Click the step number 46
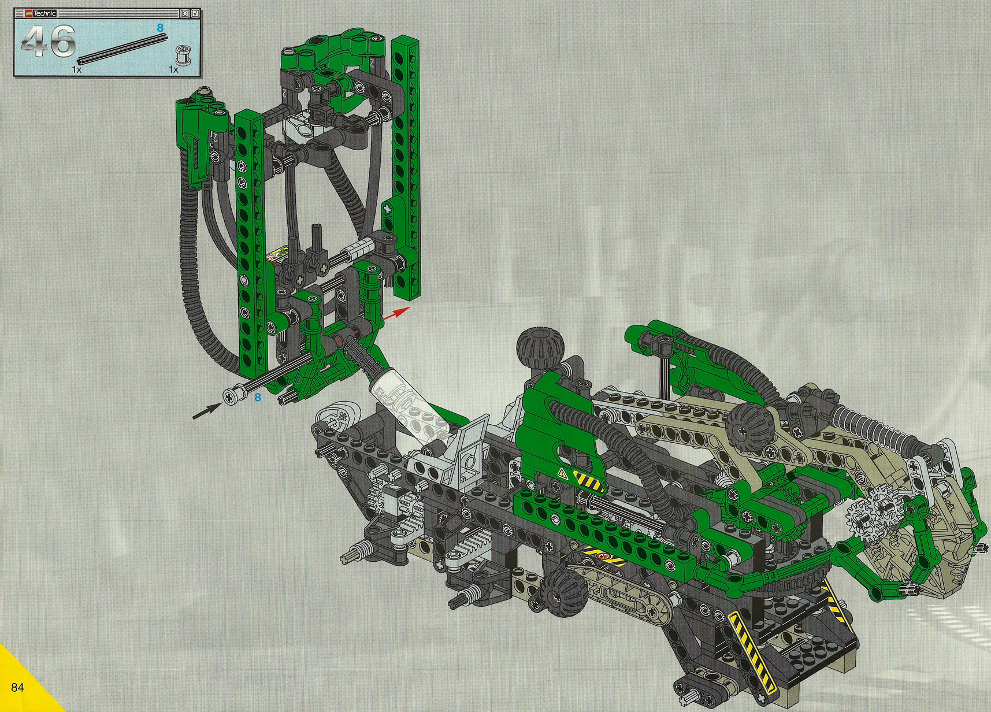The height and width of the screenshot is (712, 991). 49,42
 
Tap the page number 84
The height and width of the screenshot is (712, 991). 17,687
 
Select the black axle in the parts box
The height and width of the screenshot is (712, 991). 122,48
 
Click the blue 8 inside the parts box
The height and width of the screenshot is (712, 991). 161,28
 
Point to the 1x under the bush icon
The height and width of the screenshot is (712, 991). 173,69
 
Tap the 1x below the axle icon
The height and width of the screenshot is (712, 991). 77,69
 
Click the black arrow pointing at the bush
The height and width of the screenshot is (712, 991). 207,410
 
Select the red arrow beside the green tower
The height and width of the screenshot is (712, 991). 397,313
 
